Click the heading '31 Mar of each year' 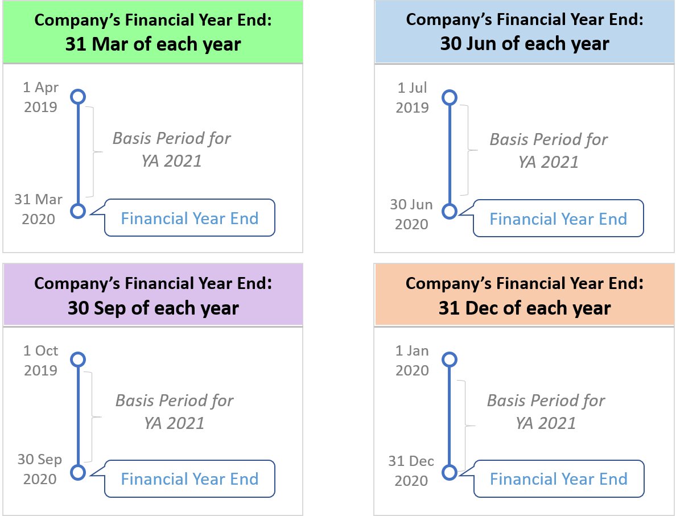point(152,43)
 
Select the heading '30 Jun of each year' point(525,43)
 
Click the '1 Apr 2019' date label point(40,97)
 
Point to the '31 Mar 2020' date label point(39,209)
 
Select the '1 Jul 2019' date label point(413,97)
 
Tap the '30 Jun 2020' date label point(412,214)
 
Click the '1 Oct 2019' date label point(40,360)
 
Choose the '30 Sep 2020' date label point(40,469)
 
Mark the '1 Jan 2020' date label point(412,360)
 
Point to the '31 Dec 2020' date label point(411,470)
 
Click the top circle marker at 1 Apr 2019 point(78,97)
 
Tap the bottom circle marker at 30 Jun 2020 point(450,211)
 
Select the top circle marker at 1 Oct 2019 point(78,360)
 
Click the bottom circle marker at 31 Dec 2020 point(450,472)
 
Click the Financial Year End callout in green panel point(189,218)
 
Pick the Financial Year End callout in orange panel point(558,478)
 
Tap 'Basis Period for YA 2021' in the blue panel point(548,150)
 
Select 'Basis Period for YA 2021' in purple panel point(174,411)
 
